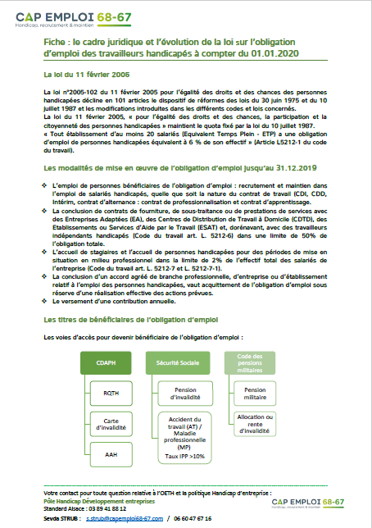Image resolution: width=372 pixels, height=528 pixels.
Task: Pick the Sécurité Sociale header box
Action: pyautogui.click(x=174, y=337)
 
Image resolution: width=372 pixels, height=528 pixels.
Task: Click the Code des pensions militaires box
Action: pyautogui.click(x=243, y=337)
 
